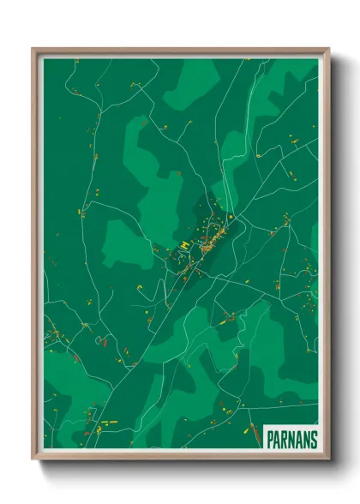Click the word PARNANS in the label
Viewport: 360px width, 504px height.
[x=291, y=439]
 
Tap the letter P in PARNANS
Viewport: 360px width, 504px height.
[x=271, y=439]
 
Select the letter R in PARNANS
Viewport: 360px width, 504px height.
[x=285, y=439]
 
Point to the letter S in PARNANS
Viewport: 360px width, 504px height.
[x=313, y=439]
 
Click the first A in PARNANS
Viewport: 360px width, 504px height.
[x=278, y=439]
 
